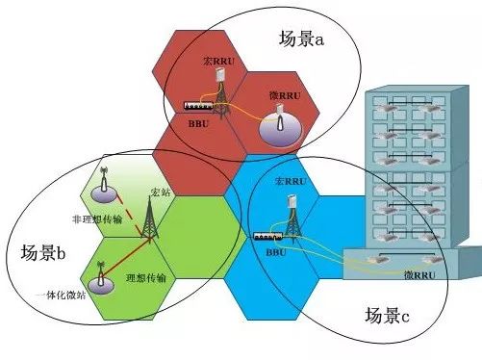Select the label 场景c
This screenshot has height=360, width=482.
[387, 314]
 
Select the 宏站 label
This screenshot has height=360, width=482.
[160, 193]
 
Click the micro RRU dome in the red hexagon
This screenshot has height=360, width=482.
[279, 125]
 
